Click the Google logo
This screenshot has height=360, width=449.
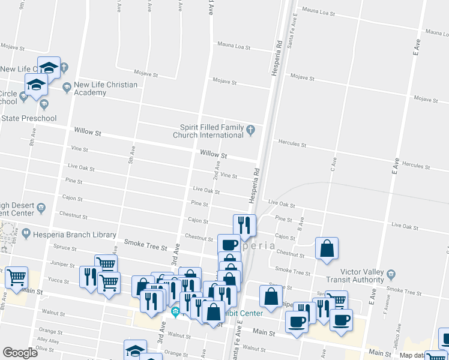[20, 353]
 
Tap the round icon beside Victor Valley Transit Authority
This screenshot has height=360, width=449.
[391, 275]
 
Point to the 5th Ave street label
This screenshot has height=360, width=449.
[130, 157]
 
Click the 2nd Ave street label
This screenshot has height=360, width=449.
[217, 173]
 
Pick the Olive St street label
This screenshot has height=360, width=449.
[45, 348]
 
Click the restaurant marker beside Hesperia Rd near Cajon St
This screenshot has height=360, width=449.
[244, 225]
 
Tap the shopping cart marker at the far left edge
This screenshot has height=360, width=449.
[16, 277]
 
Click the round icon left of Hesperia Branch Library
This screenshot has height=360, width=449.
[26, 232]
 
